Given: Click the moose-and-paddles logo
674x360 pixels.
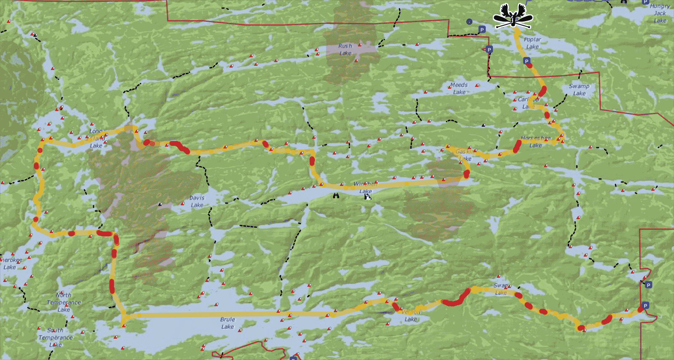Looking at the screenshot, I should pos(513,16).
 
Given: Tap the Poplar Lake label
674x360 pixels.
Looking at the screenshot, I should pos(532,43).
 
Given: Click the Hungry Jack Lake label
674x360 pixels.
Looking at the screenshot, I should pos(660,13).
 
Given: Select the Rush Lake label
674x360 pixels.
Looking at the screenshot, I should pos(345,49).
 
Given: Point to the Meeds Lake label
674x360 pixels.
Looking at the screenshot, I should pos(459,89).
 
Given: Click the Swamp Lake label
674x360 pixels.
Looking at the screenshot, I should pos(579,89).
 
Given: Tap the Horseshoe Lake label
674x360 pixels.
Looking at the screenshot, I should pos(535,142).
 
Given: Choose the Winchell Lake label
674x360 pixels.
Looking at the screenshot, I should pos(365,187).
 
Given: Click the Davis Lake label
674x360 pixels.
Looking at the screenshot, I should pos(197,201).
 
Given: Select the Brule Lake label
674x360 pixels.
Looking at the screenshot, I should pos(227,323).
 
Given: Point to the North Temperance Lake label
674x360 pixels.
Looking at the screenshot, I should pos(64,302).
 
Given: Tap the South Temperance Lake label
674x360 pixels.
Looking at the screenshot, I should pos(55,337).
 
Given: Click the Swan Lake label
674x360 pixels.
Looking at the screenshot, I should pos(501,289).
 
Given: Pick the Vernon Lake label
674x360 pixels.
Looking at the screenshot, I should pos(411,316).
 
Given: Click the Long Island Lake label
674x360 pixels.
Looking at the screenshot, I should pos(96,138).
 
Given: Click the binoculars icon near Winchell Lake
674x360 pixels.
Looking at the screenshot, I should pos(336,195).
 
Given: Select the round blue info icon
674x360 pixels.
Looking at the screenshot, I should pos(469,21).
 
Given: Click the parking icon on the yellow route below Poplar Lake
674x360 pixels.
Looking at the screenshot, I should pos(526,61).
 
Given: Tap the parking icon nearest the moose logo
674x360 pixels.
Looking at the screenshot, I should pos(482,30).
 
